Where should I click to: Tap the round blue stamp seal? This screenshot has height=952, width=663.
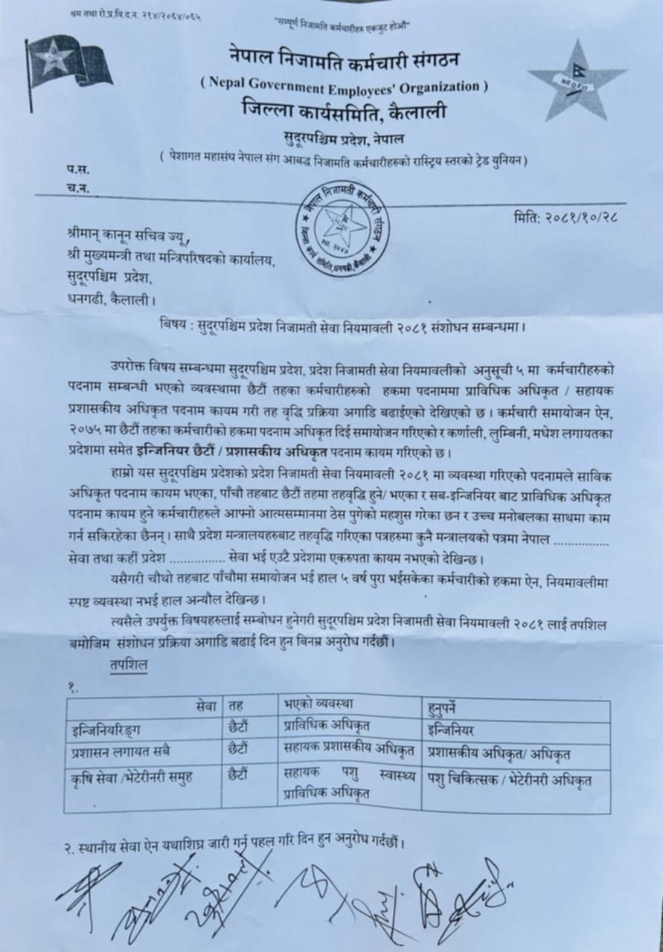tap(342, 228)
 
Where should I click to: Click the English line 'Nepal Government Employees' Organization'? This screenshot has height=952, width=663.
tap(344, 87)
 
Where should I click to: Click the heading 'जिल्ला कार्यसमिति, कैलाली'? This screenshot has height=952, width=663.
tap(343, 112)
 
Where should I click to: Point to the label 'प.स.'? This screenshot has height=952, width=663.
tap(76, 170)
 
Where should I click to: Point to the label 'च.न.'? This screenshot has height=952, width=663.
tap(76, 188)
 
